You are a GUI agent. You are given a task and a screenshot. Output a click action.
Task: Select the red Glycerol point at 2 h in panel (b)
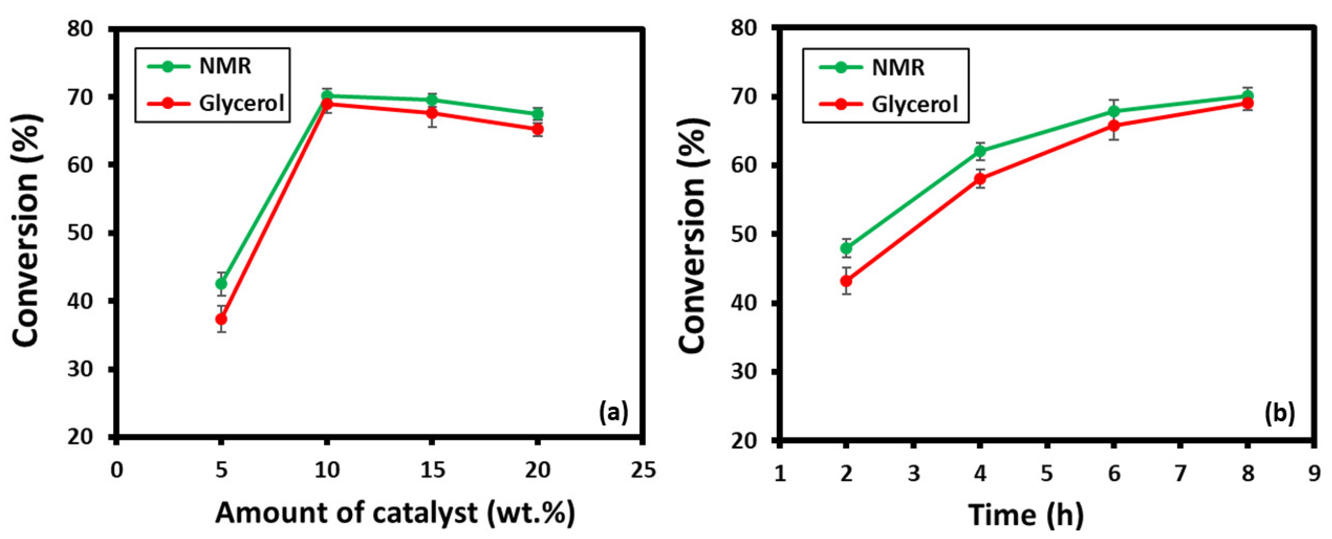pyautogui.click(x=847, y=281)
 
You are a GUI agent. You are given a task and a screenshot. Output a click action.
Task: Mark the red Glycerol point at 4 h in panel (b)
pyautogui.click(x=980, y=179)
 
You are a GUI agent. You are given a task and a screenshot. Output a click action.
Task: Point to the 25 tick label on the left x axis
pyautogui.click(x=643, y=470)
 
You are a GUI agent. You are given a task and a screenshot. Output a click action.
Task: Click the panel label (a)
pyautogui.click(x=613, y=413)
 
